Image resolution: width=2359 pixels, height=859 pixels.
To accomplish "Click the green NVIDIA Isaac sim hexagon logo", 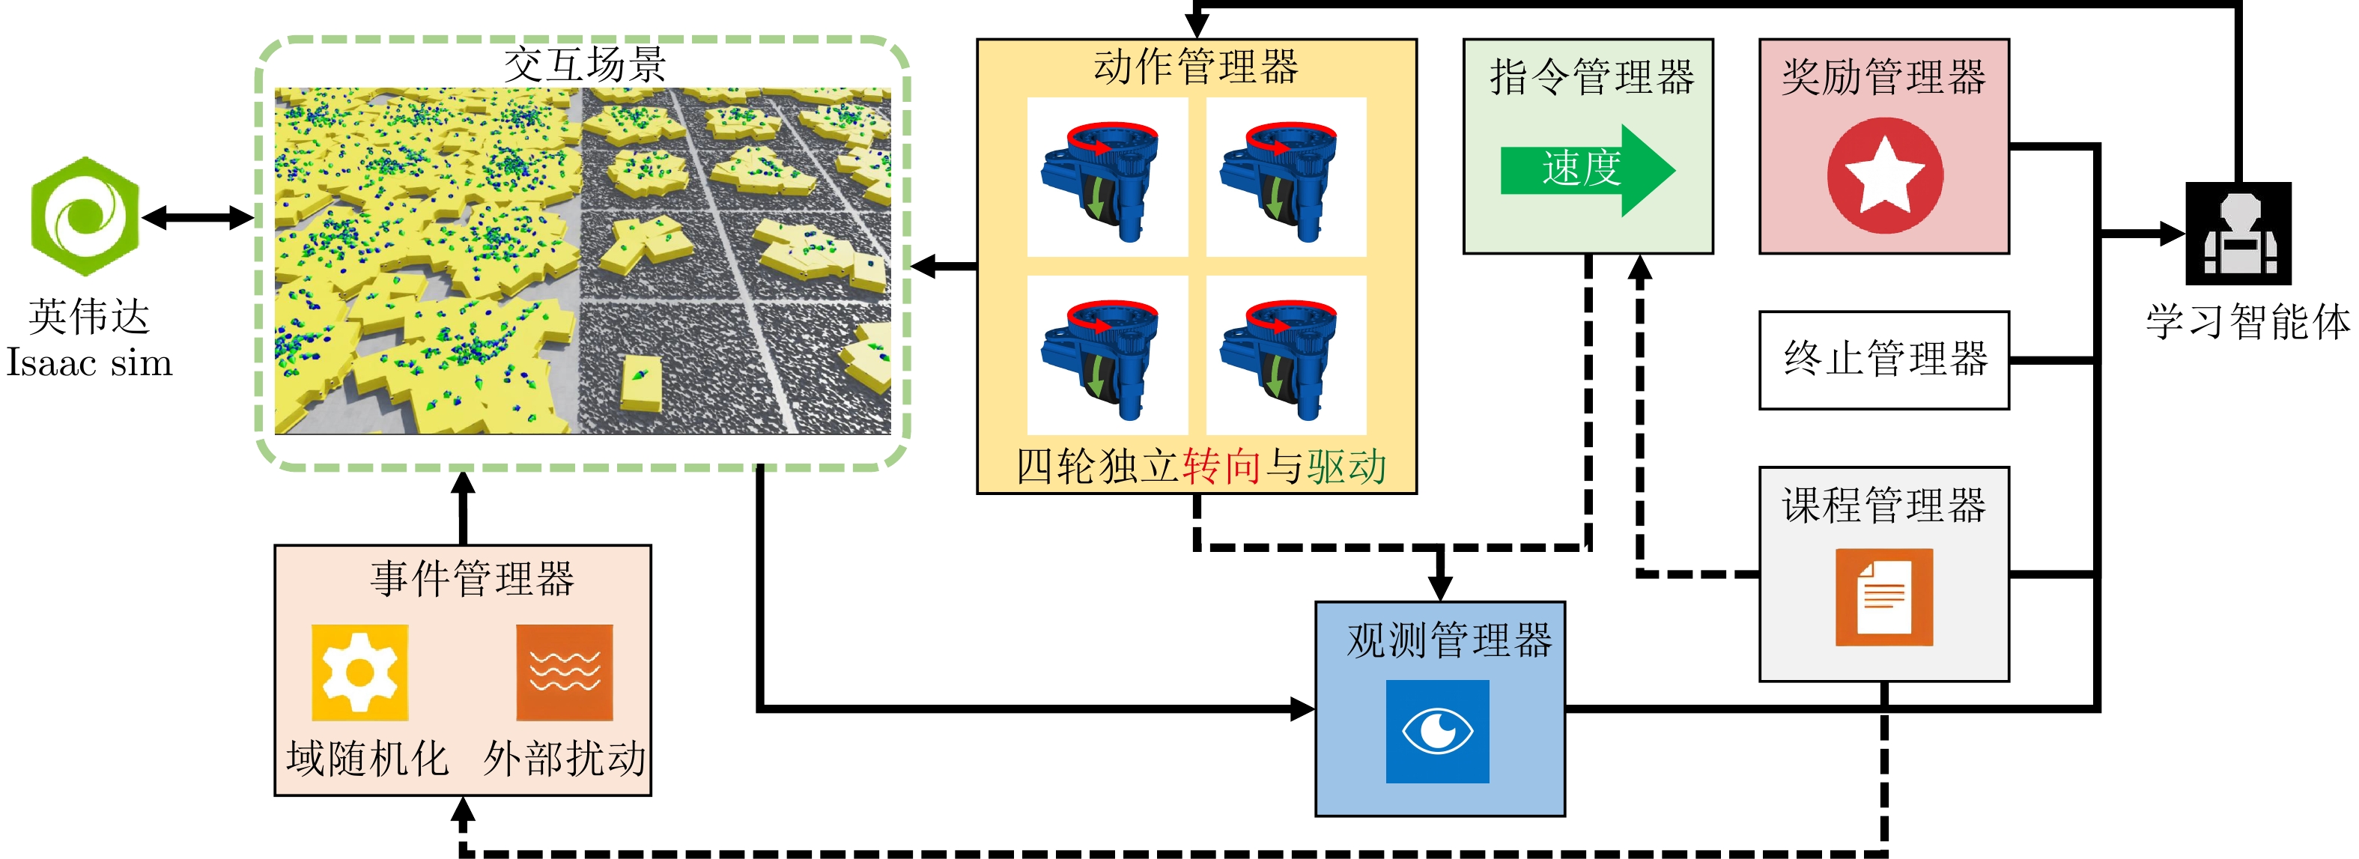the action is tap(84, 216).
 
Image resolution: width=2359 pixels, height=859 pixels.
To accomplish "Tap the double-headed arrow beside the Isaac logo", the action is tap(198, 217).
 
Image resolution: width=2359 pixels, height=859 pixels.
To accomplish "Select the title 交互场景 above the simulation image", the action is tap(584, 64).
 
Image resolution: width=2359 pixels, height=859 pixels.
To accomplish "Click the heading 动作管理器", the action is tap(1196, 67).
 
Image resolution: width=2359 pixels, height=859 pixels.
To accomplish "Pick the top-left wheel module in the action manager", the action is tap(1107, 177).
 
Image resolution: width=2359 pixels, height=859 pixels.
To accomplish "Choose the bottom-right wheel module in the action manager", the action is tap(1286, 355).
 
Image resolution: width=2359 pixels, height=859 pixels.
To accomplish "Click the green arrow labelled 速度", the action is tap(1588, 170).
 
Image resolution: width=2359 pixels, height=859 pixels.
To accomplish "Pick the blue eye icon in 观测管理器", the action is tap(1437, 731).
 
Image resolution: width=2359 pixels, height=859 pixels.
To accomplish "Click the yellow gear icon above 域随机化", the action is tap(360, 673).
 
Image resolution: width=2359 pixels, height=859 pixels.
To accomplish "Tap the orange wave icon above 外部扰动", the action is tap(564, 673).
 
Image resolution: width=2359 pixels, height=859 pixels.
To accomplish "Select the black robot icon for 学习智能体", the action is tap(2238, 234).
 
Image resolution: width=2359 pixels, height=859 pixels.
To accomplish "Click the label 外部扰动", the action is tap(564, 758).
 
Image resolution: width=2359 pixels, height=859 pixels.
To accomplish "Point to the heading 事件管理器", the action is tap(472, 579).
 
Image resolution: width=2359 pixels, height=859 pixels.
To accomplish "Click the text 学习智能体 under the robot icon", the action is tap(2248, 322).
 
